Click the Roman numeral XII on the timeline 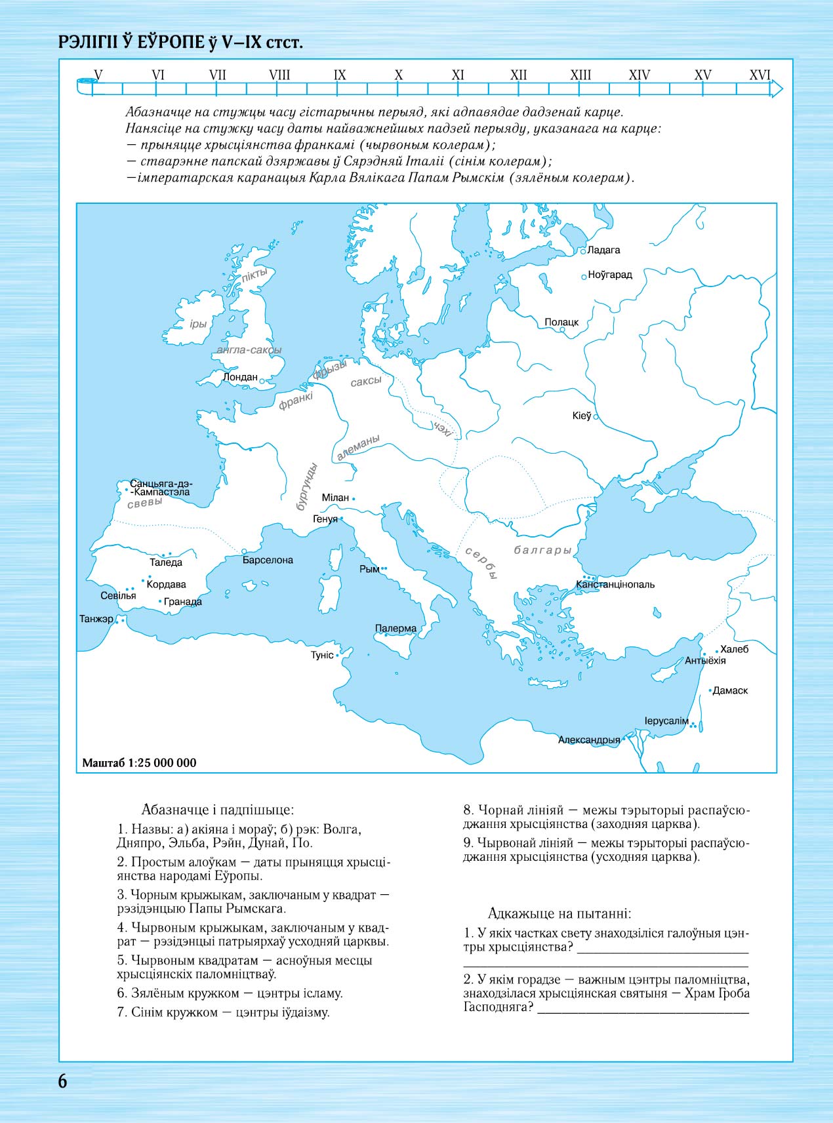point(518,75)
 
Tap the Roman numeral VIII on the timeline point(279,75)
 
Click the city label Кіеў point(581,416)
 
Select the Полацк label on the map point(561,323)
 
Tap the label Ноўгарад point(610,275)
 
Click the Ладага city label point(603,250)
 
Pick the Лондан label point(240,377)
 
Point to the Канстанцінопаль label point(615,584)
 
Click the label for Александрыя point(589,740)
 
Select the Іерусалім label point(666,721)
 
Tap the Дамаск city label point(730,690)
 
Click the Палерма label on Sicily point(396,628)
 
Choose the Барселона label point(268,561)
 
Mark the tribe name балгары point(543,550)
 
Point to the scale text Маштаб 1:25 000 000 point(139,762)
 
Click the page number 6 point(62,1081)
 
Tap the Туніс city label point(322,655)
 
